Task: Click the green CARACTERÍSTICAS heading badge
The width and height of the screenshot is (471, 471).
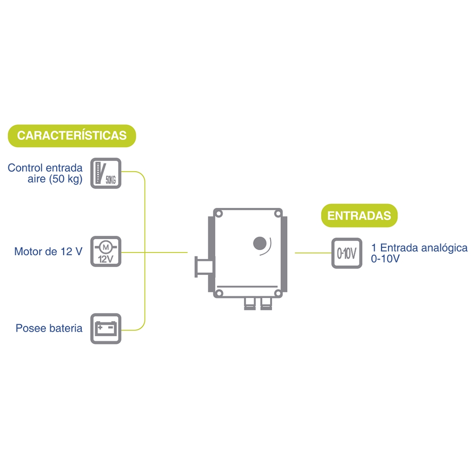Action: tap(72, 136)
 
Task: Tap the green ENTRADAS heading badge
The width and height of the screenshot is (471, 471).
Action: tap(359, 216)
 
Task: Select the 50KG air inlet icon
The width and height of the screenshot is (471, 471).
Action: tap(106, 173)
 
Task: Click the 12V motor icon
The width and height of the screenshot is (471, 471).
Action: tap(106, 252)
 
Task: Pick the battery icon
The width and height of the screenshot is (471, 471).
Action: tap(106, 328)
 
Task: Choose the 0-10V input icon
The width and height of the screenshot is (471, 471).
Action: tap(347, 253)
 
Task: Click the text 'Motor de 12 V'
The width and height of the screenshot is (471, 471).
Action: tap(48, 252)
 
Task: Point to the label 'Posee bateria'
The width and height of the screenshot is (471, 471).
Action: tap(49, 328)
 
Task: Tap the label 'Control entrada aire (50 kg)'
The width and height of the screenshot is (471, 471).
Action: tap(45, 173)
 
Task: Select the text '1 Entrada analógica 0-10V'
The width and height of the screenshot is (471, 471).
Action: tap(419, 253)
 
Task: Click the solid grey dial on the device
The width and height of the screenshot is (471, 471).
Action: tap(260, 243)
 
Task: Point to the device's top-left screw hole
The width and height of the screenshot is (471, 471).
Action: tap(219, 214)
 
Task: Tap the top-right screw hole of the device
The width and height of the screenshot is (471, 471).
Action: tap(278, 214)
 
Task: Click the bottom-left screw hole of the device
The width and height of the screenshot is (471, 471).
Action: tap(219, 293)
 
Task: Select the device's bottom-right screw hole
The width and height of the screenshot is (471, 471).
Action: tap(278, 293)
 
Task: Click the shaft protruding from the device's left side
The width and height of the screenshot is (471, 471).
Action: tap(204, 267)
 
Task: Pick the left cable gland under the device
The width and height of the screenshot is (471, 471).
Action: tap(250, 304)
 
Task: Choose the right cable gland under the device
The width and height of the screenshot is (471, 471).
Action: tap(266, 304)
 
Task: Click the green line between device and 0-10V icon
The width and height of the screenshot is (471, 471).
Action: tap(313, 253)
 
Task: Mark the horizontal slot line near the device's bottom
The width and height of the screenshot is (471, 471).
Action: tap(247, 287)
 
